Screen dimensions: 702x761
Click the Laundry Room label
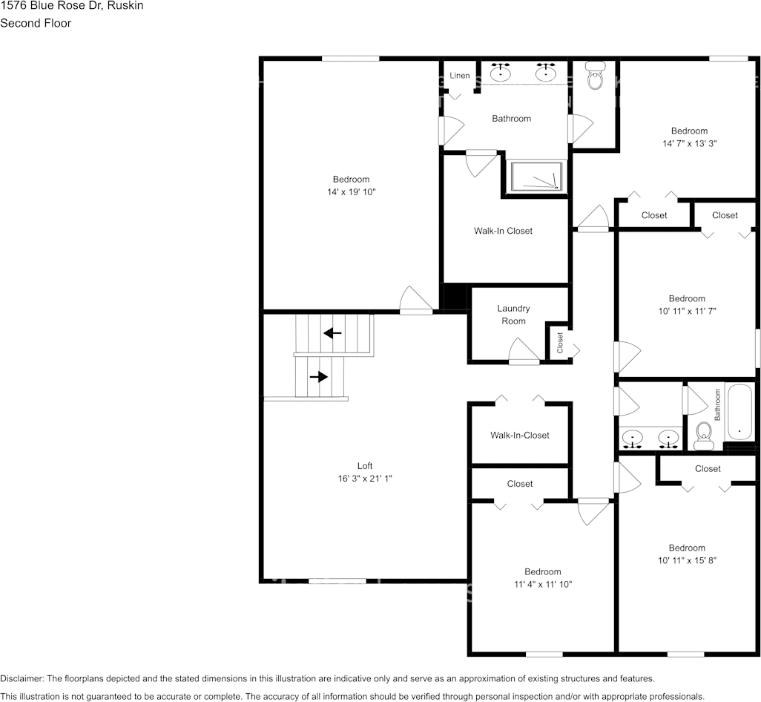(x=513, y=315)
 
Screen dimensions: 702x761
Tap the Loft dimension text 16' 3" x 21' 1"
(x=365, y=479)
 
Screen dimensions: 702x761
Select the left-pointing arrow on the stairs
(x=333, y=333)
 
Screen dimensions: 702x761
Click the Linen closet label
(x=460, y=76)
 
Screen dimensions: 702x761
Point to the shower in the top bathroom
(x=538, y=177)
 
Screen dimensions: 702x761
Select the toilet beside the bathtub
(x=704, y=436)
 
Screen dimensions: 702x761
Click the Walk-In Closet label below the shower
(x=503, y=231)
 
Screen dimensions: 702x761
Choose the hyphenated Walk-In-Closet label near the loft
(x=519, y=435)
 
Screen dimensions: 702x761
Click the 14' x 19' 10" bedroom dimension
(x=351, y=192)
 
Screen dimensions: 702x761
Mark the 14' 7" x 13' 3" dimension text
(x=689, y=143)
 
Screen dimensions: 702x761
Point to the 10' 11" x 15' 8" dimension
(x=686, y=560)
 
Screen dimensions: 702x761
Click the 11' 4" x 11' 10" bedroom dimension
(x=542, y=584)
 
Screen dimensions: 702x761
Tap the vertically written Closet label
(x=560, y=342)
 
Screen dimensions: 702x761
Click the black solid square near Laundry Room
(x=454, y=296)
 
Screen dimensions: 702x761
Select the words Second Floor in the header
(x=36, y=23)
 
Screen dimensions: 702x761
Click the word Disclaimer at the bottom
(x=22, y=678)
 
